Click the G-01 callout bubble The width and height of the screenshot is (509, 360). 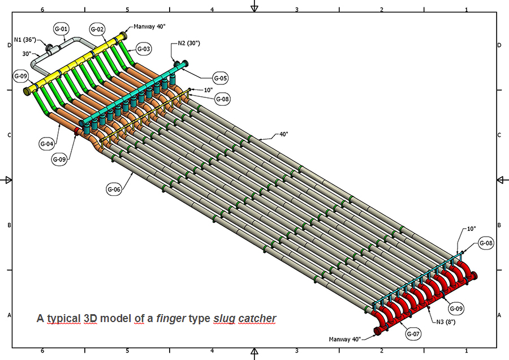[61, 28]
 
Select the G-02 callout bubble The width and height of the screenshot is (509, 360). [97, 29]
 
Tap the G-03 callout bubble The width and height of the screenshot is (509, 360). [143, 49]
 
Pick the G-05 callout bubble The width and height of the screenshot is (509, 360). [219, 78]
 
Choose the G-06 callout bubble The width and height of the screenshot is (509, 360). [114, 190]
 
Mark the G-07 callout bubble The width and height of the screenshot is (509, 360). [413, 335]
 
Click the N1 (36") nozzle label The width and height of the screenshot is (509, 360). [25, 40]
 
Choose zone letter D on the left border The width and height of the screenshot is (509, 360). [8, 45]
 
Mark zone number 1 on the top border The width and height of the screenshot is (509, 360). [466, 10]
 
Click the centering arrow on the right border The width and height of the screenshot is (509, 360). [500, 180]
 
